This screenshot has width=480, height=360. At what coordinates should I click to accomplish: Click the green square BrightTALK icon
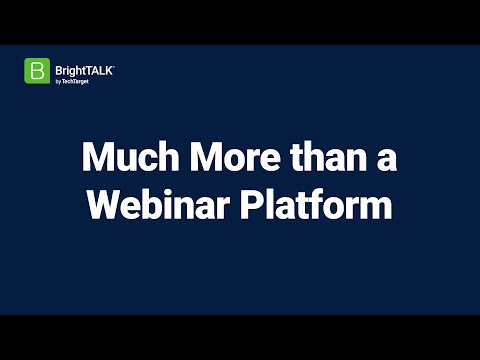(37, 71)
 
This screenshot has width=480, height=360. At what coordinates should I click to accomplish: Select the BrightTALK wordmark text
(84, 68)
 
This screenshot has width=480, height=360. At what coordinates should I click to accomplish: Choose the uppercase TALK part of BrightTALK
(99, 68)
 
